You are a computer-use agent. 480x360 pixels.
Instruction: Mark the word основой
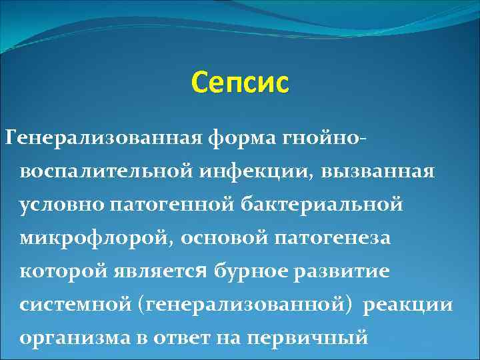[x=218, y=237]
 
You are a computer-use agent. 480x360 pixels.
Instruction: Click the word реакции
[x=409, y=305]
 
